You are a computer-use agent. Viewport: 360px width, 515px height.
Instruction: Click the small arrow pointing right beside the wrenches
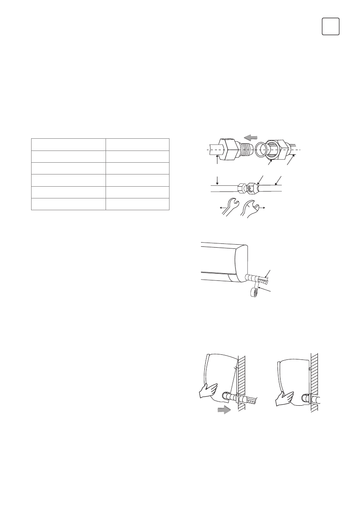[x=263, y=208]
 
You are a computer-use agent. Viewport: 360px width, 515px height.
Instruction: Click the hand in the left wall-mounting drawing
[x=208, y=391]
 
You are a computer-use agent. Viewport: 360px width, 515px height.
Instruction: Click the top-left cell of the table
[x=68, y=144]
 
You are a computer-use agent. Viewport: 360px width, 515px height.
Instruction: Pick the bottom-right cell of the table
[x=137, y=204]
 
